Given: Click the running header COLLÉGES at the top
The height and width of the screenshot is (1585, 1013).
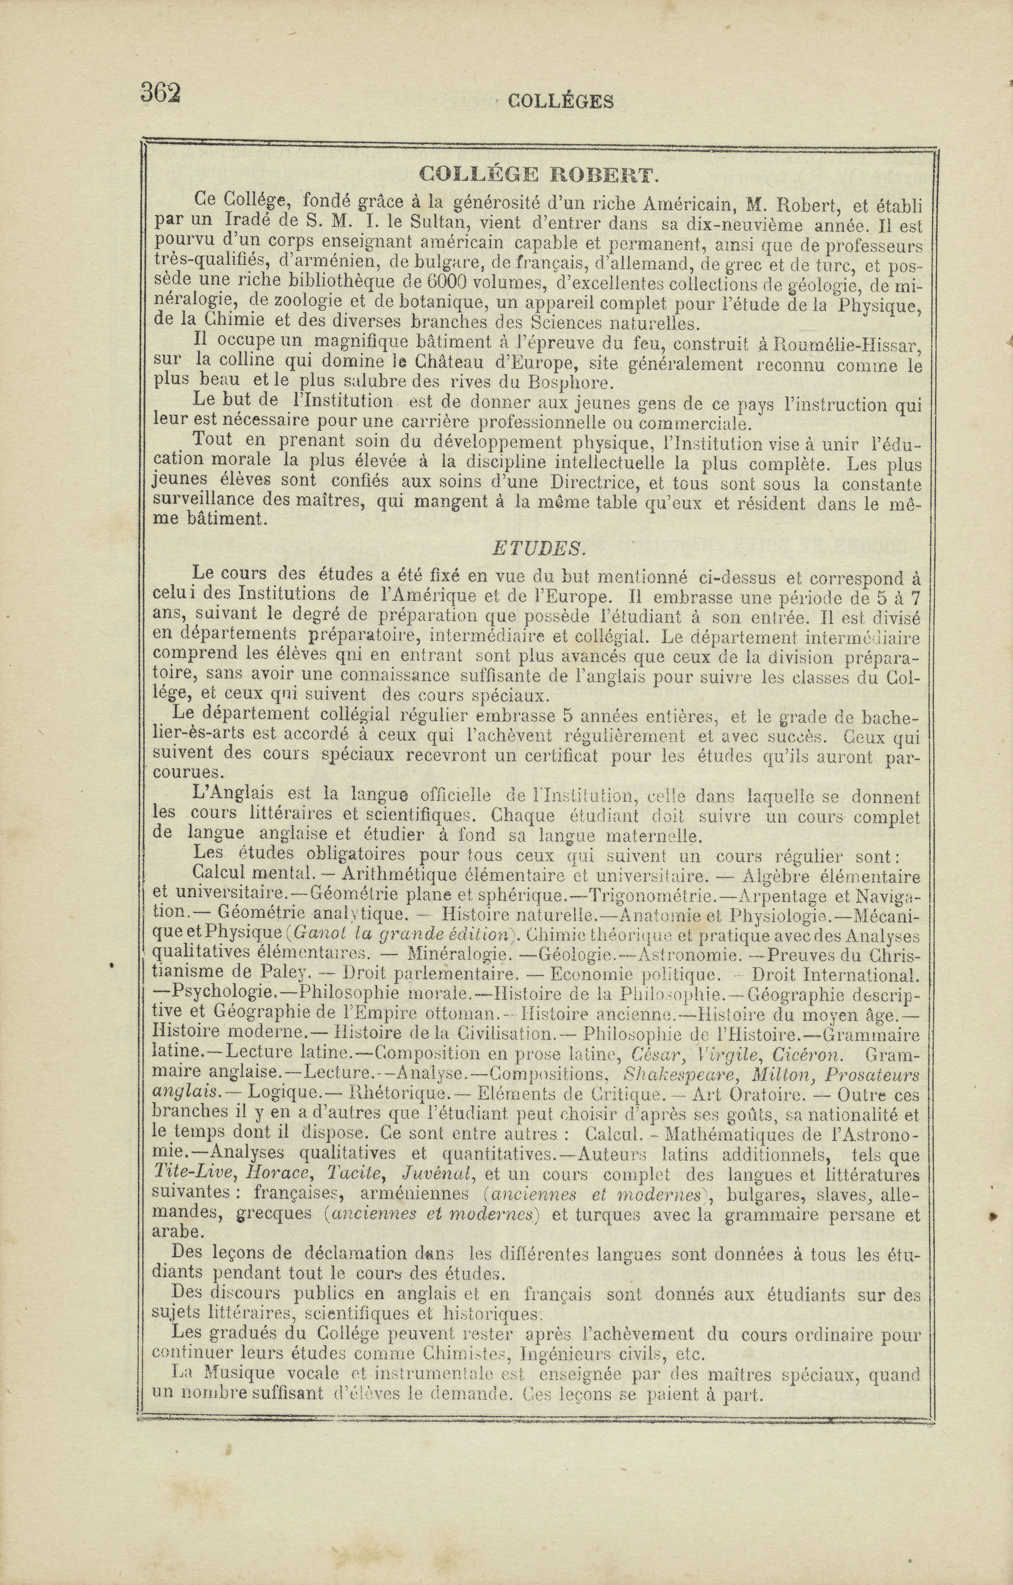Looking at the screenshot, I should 561,101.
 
